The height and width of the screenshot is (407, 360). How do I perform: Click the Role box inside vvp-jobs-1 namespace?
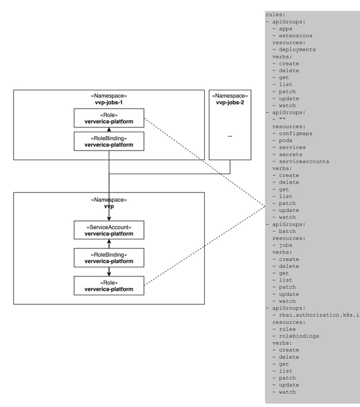pyautogui.click(x=109, y=118)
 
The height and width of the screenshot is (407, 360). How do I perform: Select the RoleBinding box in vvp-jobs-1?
pyautogui.click(x=109, y=141)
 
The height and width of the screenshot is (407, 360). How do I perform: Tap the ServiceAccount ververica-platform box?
pyautogui.click(x=109, y=230)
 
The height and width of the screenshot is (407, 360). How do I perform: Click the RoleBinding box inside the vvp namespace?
pyautogui.click(x=109, y=258)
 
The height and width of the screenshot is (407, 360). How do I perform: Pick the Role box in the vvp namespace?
pyautogui.click(x=109, y=285)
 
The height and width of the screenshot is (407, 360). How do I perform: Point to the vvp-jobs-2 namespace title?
pyautogui.click(x=229, y=99)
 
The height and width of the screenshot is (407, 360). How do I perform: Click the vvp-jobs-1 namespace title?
pyautogui.click(x=109, y=99)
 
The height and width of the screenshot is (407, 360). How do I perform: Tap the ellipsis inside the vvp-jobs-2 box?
pyautogui.click(x=229, y=136)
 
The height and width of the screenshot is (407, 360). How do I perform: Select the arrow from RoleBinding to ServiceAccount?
pyautogui.click(x=109, y=244)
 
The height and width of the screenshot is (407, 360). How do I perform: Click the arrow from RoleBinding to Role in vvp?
pyautogui.click(x=109, y=272)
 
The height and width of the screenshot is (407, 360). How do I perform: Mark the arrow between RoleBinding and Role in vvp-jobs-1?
pyautogui.click(x=109, y=130)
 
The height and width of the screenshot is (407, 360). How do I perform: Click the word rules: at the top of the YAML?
pyautogui.click(x=276, y=15)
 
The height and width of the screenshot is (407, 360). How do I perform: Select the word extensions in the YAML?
pyautogui.click(x=296, y=35)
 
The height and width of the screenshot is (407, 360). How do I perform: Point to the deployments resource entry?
pyautogui.click(x=297, y=49)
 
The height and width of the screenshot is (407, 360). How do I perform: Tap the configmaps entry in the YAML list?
pyautogui.click(x=296, y=133)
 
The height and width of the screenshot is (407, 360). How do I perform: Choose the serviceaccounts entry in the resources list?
pyautogui.click(x=304, y=161)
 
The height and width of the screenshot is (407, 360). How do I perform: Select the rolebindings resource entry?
pyautogui.click(x=299, y=336)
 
